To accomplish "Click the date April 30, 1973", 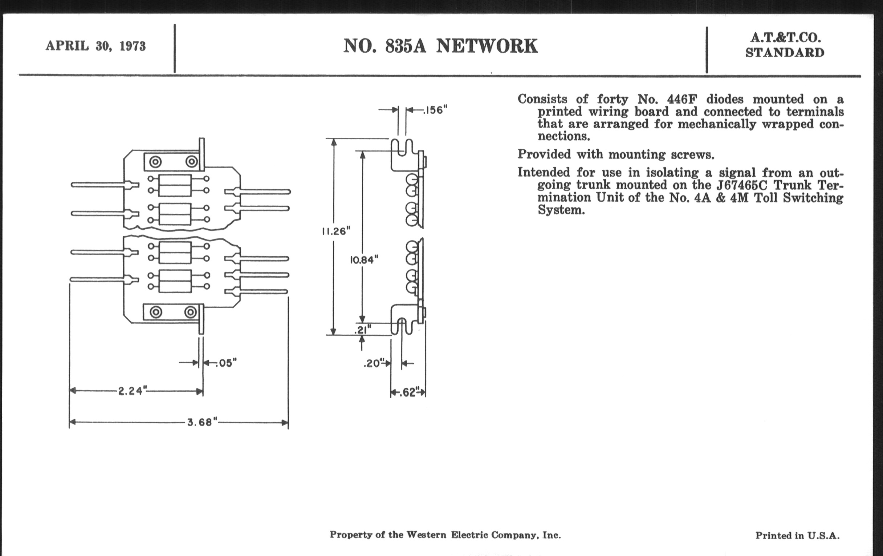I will tap(96, 46).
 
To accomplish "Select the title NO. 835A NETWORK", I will tap(440, 46).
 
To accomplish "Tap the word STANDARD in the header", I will tap(785, 53).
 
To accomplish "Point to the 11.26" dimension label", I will tap(336, 231).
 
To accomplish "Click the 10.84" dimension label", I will tap(364, 260).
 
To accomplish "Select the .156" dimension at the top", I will tap(435, 110).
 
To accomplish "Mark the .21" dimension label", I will tap(362, 330).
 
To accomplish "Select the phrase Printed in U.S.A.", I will tap(797, 535).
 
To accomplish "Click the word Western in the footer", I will tap(426, 535).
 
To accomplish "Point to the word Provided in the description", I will tap(544, 154).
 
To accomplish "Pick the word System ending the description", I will tap(560, 210).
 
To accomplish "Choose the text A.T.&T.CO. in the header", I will tap(785, 37).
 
